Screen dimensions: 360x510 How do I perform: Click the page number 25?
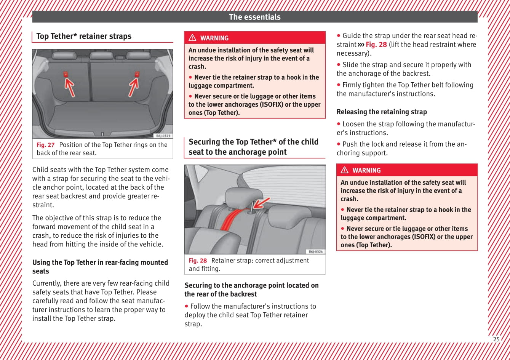[x=496, y=339]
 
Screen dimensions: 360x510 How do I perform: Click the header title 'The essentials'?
[x=254, y=17]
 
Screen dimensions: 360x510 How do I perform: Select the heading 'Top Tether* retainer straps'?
[x=84, y=36]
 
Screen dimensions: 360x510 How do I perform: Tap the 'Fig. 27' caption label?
[x=46, y=145]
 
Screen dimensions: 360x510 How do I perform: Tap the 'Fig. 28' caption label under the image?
[x=198, y=261]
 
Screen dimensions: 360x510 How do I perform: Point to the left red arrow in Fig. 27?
[x=69, y=87]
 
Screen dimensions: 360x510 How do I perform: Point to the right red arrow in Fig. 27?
[x=133, y=87]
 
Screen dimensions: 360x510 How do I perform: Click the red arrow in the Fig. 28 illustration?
[x=262, y=203]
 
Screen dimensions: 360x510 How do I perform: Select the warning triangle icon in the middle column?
[x=192, y=38]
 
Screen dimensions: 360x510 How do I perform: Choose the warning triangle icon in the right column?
[x=344, y=170]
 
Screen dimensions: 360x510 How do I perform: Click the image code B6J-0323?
[x=163, y=136]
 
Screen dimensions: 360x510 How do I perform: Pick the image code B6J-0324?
[x=315, y=251]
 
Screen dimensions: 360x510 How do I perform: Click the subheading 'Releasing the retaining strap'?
[x=382, y=112]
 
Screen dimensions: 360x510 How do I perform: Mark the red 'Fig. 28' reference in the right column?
[x=376, y=45]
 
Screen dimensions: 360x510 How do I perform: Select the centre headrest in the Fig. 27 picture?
[x=102, y=56]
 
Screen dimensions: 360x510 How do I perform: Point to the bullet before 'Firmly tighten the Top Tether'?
[x=339, y=85]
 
